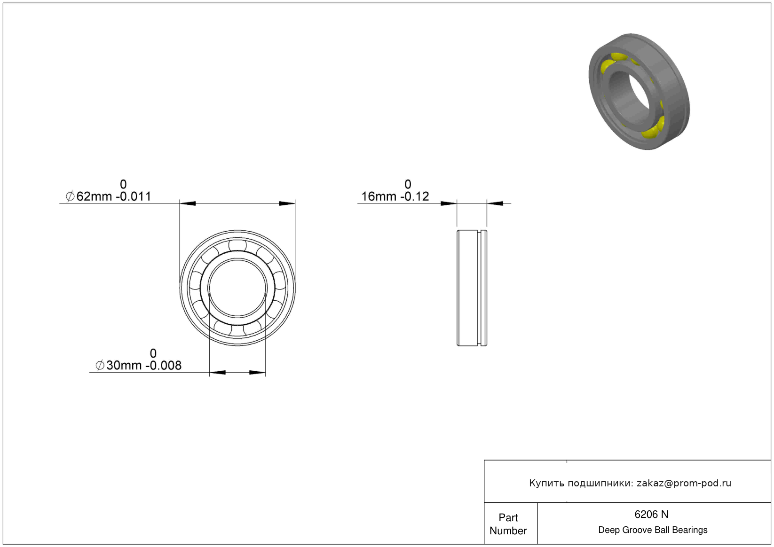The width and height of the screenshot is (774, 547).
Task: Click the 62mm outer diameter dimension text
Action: tap(108, 196)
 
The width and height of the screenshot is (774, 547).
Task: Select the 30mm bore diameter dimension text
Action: tap(138, 365)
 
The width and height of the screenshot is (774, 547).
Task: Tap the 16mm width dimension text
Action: tap(395, 196)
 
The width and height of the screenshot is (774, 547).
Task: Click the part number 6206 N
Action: tap(651, 515)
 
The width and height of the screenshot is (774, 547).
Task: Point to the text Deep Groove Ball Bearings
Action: tap(653, 530)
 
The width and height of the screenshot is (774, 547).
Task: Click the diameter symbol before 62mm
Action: tap(70, 196)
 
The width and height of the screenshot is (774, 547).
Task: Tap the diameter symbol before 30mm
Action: tap(100, 365)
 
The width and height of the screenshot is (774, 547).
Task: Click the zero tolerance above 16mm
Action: tap(408, 184)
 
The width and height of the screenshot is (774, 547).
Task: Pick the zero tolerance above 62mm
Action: tap(123, 184)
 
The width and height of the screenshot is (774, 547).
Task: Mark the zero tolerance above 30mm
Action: tap(153, 353)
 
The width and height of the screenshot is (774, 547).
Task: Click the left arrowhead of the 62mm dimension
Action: tap(188, 203)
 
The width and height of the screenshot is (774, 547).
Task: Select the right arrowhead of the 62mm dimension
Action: tap(287, 203)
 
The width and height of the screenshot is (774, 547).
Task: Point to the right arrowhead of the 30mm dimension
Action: tap(257, 372)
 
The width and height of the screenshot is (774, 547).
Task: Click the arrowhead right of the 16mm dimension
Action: tap(495, 203)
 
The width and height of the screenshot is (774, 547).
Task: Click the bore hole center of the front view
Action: tap(237, 288)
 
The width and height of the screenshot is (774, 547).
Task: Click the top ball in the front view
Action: tap(237, 245)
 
